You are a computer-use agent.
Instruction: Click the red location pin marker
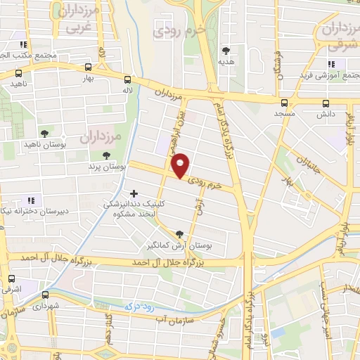pyautogui.click(x=181, y=165)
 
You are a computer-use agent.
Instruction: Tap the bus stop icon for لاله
pyautogui.click(x=127, y=79)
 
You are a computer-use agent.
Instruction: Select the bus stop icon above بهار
pyautogui.click(x=87, y=68)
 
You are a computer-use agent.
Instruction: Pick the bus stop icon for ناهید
pyautogui.click(x=18, y=72)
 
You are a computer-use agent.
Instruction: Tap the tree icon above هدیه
pyautogui.click(x=226, y=51)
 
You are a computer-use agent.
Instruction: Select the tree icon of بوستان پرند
pyautogui.click(x=106, y=156)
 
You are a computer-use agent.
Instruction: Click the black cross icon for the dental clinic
pyautogui.click(x=134, y=193)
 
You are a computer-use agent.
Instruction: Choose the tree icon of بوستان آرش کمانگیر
pyautogui.click(x=179, y=234)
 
